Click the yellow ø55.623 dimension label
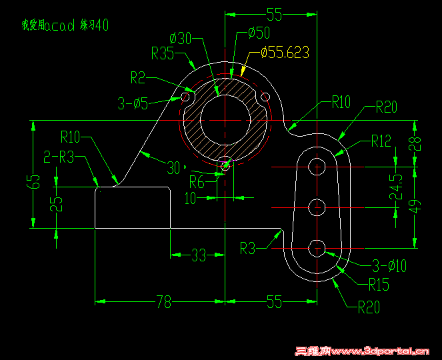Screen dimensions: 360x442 [x=285, y=51]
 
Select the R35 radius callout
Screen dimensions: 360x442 [x=163, y=54]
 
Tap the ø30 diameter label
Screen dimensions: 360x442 [x=181, y=38]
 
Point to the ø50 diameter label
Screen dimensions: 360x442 [x=258, y=33]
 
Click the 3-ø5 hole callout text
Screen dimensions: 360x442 [x=133, y=103]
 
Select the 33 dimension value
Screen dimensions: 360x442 [x=199, y=254]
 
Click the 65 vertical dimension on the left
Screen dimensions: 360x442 [x=36, y=181]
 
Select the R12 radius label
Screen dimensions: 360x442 [x=381, y=141]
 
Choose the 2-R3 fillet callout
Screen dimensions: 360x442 [x=59, y=157]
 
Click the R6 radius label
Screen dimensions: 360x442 [x=197, y=181]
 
